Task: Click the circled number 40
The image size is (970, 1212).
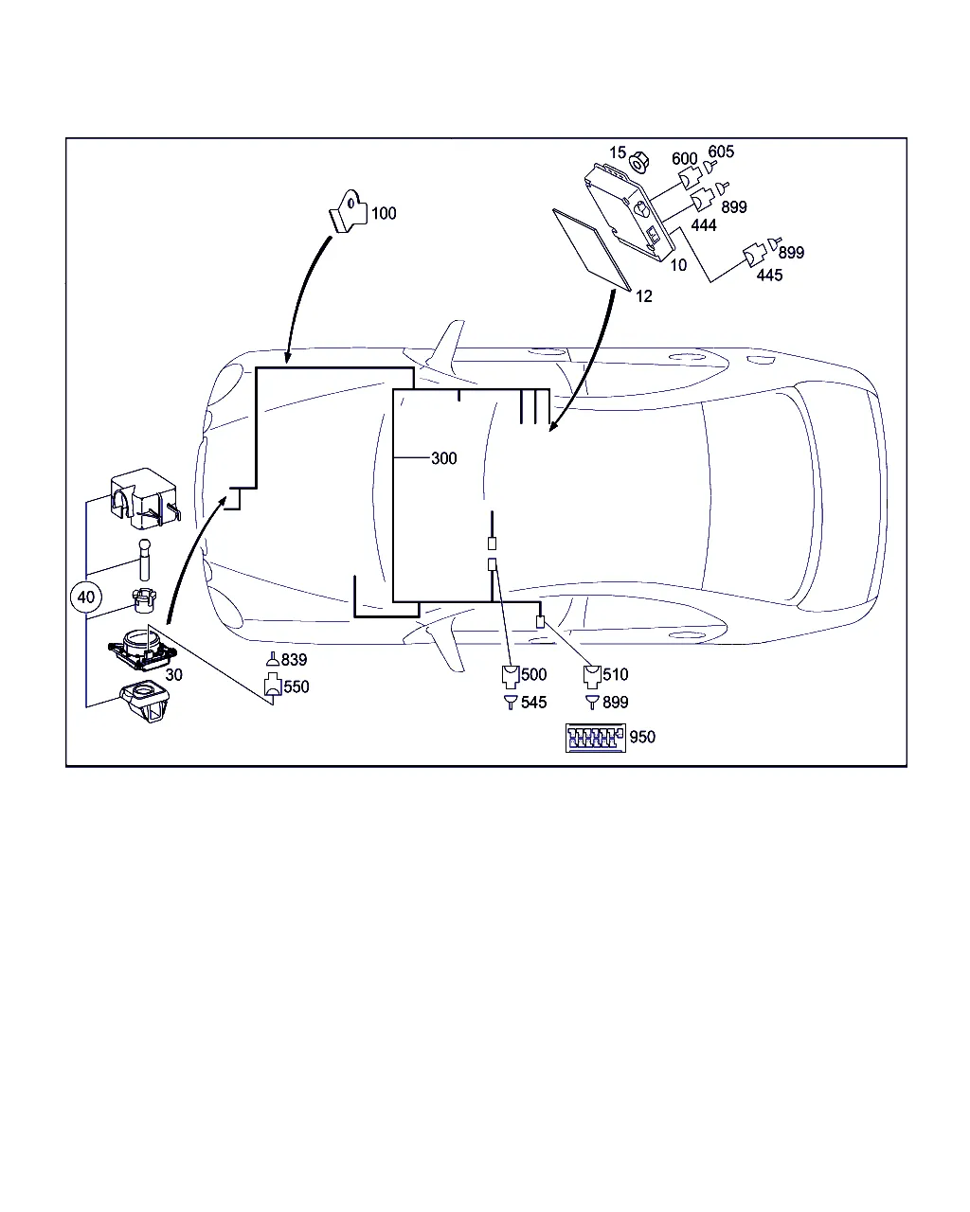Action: [x=85, y=597]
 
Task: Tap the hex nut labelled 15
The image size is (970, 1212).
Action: [x=639, y=162]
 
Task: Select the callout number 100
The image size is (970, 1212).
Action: [x=384, y=213]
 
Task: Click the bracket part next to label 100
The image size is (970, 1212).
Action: [x=348, y=211]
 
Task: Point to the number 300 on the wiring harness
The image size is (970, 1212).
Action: [x=443, y=458]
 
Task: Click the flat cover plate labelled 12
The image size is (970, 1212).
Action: [x=591, y=249]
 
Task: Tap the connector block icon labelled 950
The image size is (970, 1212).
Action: [x=595, y=738]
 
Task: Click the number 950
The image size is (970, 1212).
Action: [x=642, y=738]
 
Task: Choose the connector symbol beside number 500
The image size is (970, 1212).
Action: [x=510, y=676]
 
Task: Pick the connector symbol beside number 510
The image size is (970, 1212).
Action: [x=592, y=676]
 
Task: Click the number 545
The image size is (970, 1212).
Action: [x=533, y=703]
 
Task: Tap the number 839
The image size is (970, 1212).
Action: [x=294, y=660]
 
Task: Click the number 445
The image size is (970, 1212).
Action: [x=769, y=276]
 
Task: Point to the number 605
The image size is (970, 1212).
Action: [x=721, y=151]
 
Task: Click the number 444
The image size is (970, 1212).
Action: [x=704, y=225]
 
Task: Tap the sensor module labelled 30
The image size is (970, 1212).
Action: [x=143, y=650]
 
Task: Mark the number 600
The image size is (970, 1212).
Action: [x=684, y=159]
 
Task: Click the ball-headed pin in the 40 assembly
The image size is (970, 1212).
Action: [x=145, y=560]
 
